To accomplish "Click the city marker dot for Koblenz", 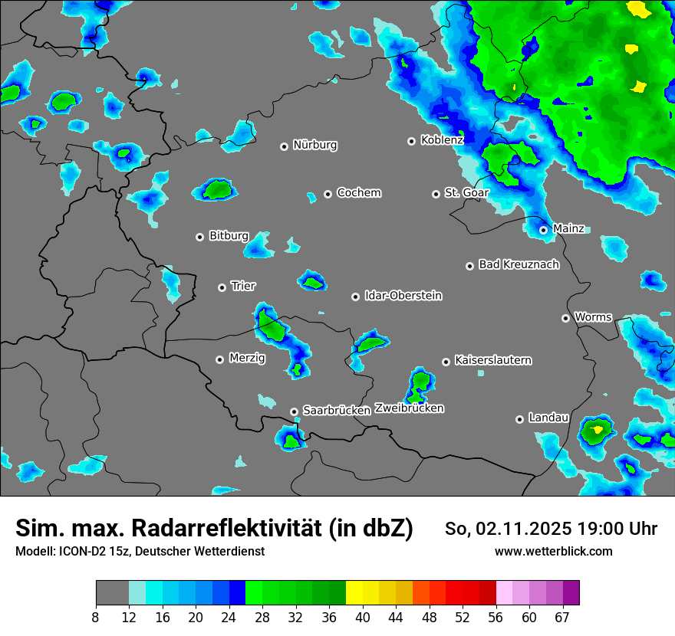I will pyautogui.click(x=411, y=141).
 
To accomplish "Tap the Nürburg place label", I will pyautogui.click(x=314, y=145).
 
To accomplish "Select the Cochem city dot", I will pyautogui.click(x=328, y=194).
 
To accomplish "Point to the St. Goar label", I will pyautogui.click(x=466, y=193).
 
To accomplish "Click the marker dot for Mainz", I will pyautogui.click(x=543, y=229).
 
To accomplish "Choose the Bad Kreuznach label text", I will pyautogui.click(x=519, y=264).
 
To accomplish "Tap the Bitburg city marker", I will pyautogui.click(x=199, y=237).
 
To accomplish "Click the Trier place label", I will pyautogui.click(x=243, y=286).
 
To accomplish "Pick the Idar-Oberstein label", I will pyautogui.click(x=403, y=296).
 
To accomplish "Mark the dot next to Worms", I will pyautogui.click(x=565, y=318).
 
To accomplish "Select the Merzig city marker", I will pyautogui.click(x=219, y=359).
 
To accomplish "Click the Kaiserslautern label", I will pyautogui.click(x=492, y=360).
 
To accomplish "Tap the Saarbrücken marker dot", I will pyautogui.click(x=294, y=411).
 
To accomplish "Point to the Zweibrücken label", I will pyautogui.click(x=409, y=408).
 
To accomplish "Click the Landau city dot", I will pyautogui.click(x=519, y=419).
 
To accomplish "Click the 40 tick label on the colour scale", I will pyautogui.click(x=362, y=618).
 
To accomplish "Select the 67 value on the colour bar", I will pyautogui.click(x=562, y=618).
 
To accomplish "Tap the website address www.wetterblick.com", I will pyautogui.click(x=553, y=552).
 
